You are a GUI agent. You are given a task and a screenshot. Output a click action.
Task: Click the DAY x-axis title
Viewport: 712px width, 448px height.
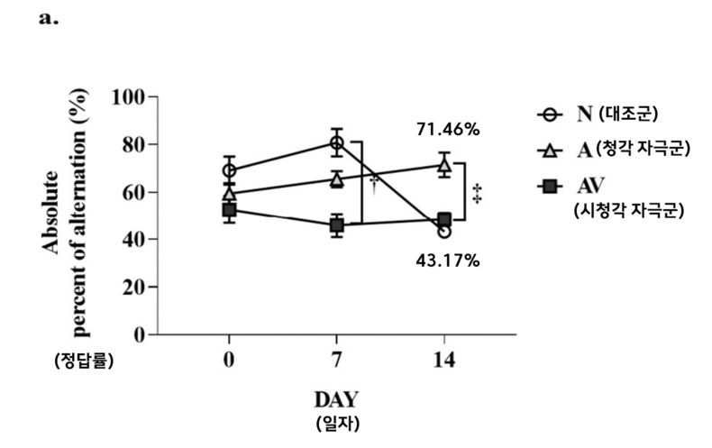coord(336,398)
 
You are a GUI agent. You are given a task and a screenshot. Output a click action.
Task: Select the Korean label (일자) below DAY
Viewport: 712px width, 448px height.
coord(336,423)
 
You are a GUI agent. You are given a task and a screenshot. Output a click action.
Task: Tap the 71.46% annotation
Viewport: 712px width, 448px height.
coord(448,129)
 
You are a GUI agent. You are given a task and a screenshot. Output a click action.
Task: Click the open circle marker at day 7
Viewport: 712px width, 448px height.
coord(337,142)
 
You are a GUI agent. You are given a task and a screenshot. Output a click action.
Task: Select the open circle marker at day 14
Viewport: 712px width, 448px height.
coord(444,232)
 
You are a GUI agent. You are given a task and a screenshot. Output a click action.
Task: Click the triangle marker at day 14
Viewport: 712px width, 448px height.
coord(443,165)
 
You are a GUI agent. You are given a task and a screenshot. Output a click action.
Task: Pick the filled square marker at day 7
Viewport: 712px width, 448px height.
coord(337,224)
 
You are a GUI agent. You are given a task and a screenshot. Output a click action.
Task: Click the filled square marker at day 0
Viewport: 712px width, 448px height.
coord(230,210)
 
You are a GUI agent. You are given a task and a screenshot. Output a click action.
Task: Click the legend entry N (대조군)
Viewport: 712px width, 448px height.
coord(613,114)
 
